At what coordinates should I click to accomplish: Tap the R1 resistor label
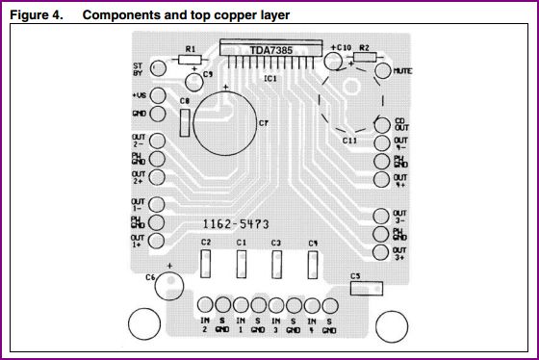coord(191,48)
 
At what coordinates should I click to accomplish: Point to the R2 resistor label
coord(364,46)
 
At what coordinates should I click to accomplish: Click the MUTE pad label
coord(403,71)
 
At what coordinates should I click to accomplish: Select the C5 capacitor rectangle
coord(367,287)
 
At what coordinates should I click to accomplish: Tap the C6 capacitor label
coord(150,277)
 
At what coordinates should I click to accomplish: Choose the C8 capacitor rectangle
coord(183,121)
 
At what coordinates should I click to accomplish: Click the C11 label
coord(349,141)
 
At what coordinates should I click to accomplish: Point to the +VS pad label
coord(140,95)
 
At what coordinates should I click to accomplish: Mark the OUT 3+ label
coord(400,253)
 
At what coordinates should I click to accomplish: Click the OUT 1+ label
coord(138,240)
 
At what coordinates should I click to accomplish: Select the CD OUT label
coord(401,123)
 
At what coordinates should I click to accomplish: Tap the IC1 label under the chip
coord(270,78)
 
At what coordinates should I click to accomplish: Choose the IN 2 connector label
coord(204,324)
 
